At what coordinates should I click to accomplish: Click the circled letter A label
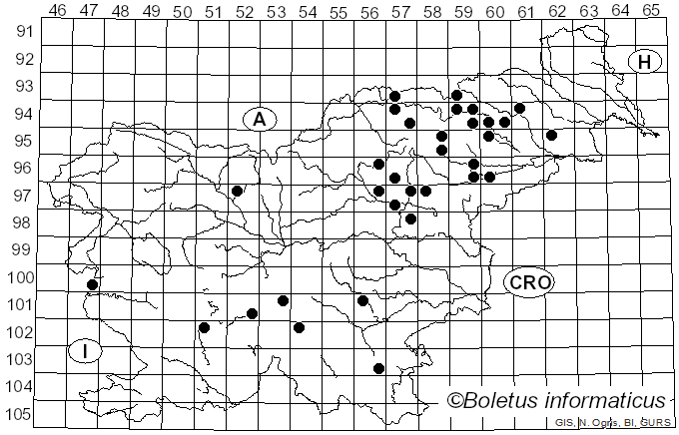click(259, 119)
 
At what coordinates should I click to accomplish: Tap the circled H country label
click(645, 62)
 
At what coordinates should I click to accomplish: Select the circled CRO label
click(529, 282)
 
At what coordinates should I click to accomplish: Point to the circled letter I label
click(87, 351)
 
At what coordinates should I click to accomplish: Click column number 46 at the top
click(58, 11)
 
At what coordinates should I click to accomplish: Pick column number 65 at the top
click(651, 11)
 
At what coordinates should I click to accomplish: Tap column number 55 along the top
click(339, 11)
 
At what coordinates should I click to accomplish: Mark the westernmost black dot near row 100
click(92, 284)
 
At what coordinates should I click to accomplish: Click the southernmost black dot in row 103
click(378, 368)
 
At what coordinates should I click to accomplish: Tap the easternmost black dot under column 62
click(551, 135)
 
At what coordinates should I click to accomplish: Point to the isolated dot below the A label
click(237, 191)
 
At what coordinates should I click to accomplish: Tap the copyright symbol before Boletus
click(455, 401)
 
